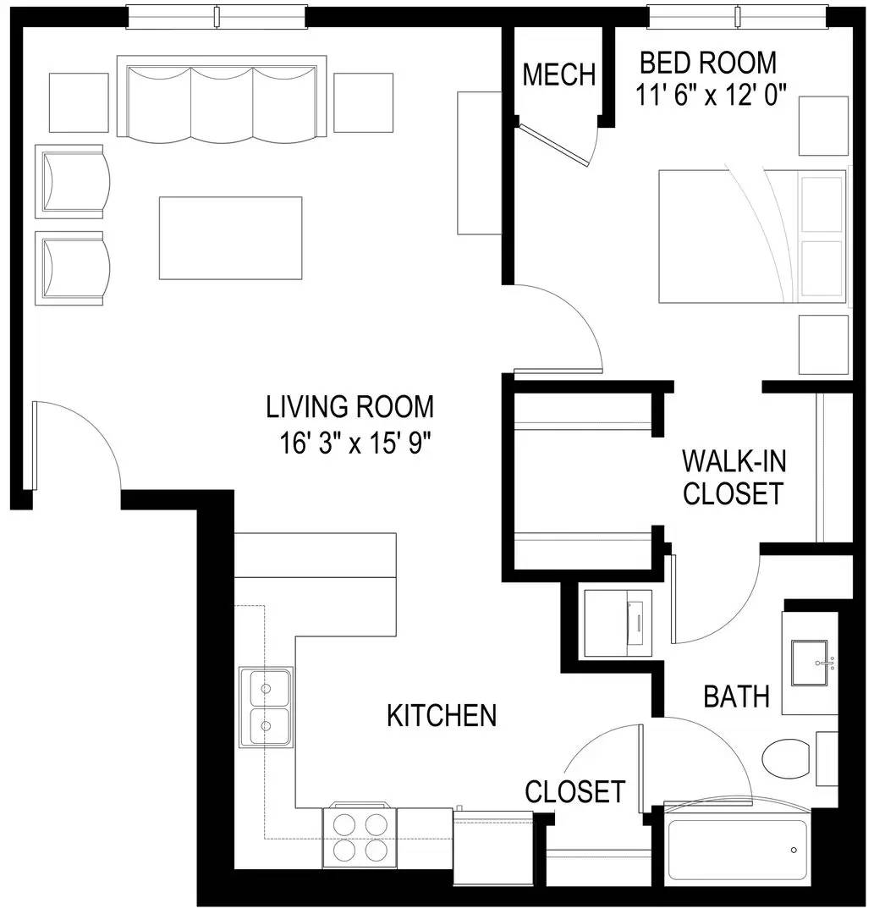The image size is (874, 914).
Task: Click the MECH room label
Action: (558, 74)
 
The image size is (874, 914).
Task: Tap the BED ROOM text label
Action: (708, 63)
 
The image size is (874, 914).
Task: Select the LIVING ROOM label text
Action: (349, 407)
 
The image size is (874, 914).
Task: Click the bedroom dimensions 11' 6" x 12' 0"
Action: (712, 95)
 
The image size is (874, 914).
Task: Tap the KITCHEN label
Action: (442, 715)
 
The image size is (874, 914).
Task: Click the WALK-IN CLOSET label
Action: (734, 477)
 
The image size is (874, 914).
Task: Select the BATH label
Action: (736, 697)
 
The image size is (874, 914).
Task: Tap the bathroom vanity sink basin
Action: (810, 663)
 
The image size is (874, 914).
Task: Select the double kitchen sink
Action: (267, 707)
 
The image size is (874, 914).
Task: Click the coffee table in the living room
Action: (231, 238)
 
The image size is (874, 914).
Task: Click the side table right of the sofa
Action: (364, 102)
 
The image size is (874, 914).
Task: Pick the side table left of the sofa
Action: (79, 102)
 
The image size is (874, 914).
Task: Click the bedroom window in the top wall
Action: (738, 16)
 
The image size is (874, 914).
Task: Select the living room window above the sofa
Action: (217, 16)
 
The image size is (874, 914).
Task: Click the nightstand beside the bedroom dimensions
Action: (823, 126)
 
